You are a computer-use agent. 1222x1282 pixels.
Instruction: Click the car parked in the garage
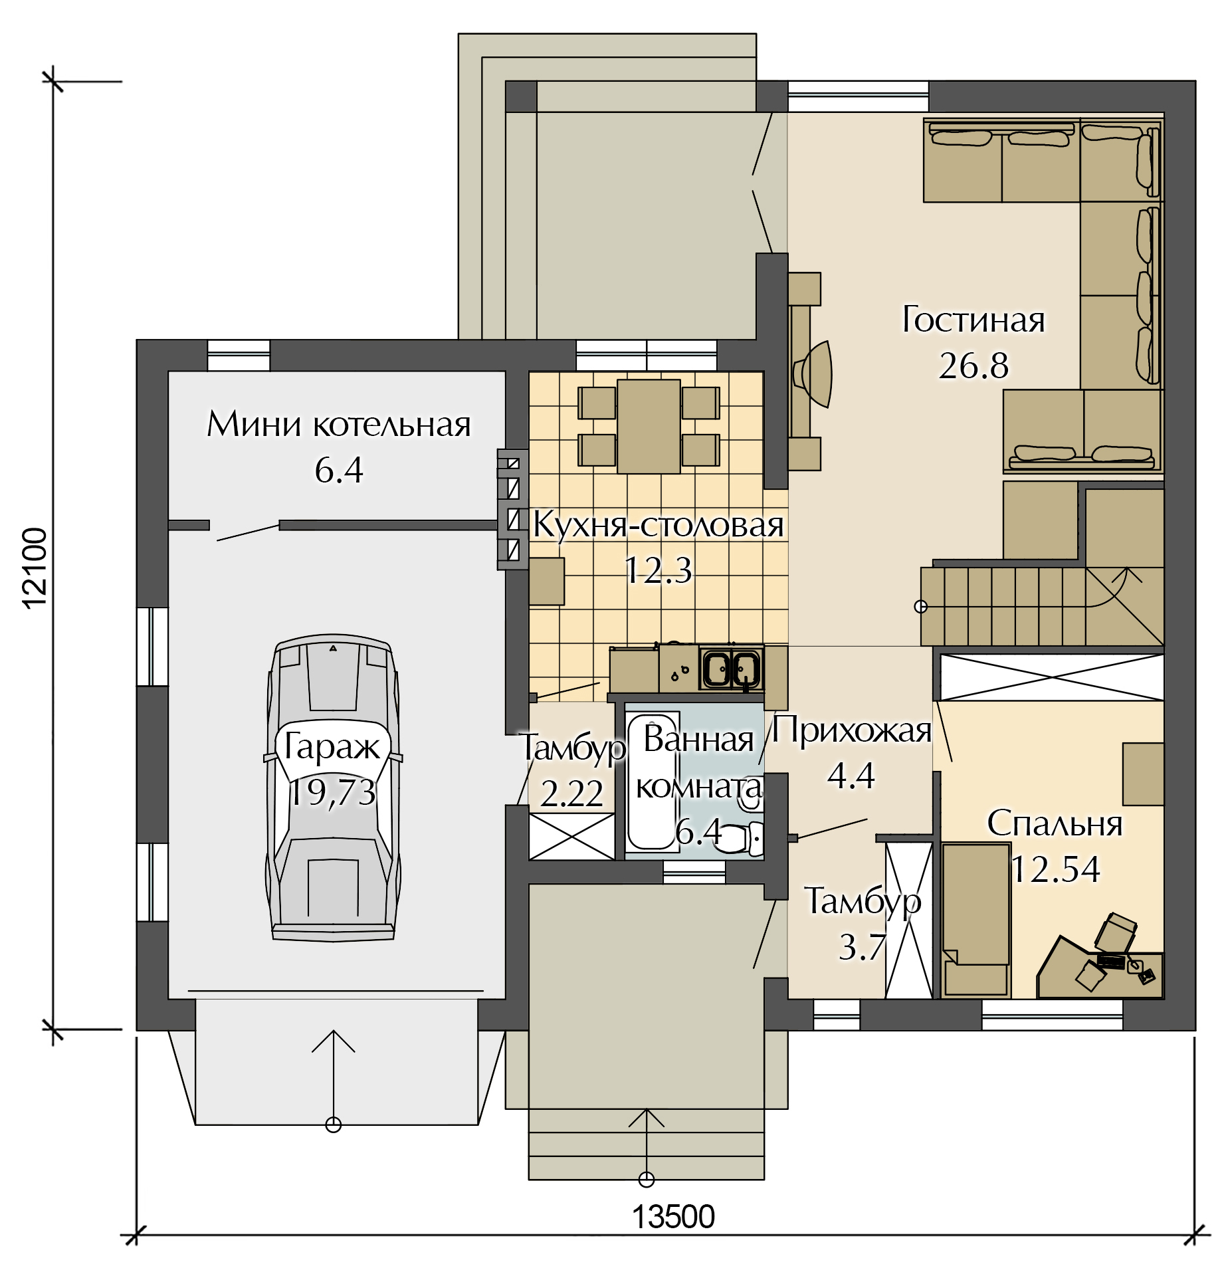coord(333,788)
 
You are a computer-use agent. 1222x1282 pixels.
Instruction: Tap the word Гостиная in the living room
coord(973,320)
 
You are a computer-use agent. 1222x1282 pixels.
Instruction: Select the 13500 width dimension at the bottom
coord(672,1217)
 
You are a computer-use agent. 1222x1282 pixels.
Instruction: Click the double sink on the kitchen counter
coord(731,668)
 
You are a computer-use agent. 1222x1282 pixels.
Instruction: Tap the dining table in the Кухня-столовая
coord(649,426)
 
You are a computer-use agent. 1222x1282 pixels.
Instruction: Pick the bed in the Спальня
coord(975,919)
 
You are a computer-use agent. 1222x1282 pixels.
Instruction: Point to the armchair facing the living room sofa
coord(813,374)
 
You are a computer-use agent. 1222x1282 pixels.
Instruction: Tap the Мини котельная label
coord(339,424)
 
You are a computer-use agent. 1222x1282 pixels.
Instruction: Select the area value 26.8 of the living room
coord(973,366)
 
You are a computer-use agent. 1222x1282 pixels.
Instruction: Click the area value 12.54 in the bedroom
coord(1055,869)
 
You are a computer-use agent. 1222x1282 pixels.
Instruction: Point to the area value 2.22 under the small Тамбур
coord(571,794)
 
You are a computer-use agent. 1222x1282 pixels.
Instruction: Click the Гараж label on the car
coord(332,746)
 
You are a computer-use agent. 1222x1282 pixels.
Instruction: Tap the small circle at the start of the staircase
coord(921,606)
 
